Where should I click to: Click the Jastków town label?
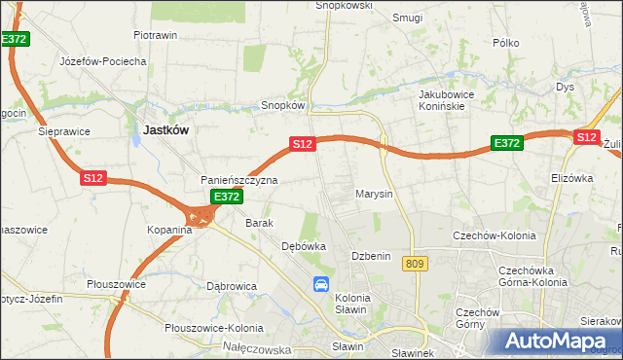(165, 128)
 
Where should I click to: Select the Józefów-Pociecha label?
(102, 61)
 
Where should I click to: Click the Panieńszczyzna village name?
(239, 181)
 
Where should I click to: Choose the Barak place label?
(259, 223)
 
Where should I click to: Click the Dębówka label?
(303, 246)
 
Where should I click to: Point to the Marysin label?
(374, 194)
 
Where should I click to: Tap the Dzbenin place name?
(370, 256)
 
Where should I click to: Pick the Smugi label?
(406, 18)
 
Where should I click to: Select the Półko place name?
(506, 43)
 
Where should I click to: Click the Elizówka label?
(571, 178)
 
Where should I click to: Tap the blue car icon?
(321, 284)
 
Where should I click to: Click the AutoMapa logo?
(559, 342)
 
